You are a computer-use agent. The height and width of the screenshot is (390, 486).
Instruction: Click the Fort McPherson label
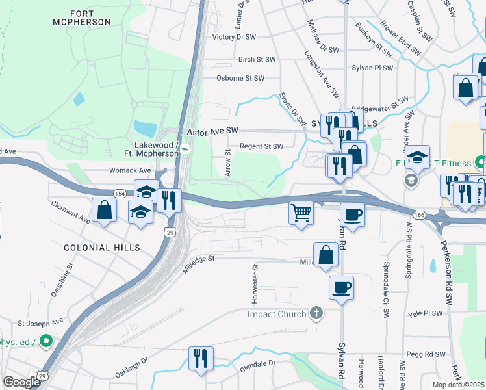pyautogui.click(x=91, y=18)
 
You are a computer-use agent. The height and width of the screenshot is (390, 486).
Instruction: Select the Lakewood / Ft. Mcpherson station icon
pyautogui.click(x=185, y=149)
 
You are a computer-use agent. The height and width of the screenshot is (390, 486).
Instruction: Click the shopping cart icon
pyautogui.click(x=301, y=213)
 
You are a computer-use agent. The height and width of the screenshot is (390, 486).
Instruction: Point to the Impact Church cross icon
pyautogui.click(x=316, y=314)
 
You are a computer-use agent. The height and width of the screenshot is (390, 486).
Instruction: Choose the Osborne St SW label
pyautogui.click(x=240, y=78)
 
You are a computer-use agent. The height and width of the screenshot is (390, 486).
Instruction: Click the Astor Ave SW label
pyautogui.click(x=213, y=131)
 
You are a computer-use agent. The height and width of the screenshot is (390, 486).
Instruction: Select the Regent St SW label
pyautogui.click(x=262, y=146)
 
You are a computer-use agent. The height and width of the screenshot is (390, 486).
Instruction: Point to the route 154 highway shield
pyautogui.click(x=120, y=194)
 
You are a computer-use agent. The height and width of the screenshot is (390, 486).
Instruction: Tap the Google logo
pyautogui.click(x=21, y=382)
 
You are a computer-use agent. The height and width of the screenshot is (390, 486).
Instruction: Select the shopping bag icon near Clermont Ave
pyautogui.click(x=105, y=210)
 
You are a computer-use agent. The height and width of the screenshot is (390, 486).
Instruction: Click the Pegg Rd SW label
pyautogui.click(x=426, y=355)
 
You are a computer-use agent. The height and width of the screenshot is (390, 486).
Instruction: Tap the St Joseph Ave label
pyautogui.click(x=40, y=322)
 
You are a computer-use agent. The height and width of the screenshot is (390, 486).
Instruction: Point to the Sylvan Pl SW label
pyautogui.click(x=372, y=68)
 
